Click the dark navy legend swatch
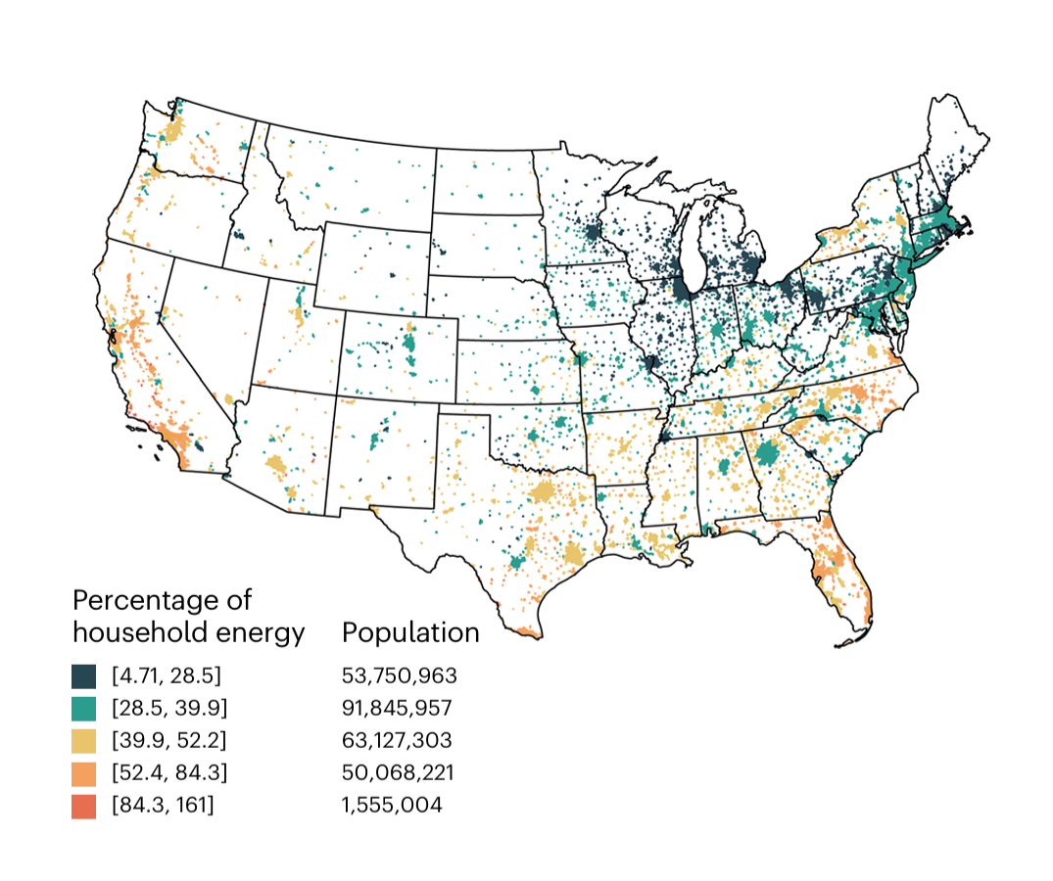[x=83, y=676]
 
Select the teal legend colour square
[x=83, y=709]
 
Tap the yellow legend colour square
[x=83, y=741]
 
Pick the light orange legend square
[x=83, y=773]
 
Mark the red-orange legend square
[x=83, y=806]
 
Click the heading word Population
[x=410, y=633]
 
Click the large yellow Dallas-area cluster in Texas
[x=542, y=492]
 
